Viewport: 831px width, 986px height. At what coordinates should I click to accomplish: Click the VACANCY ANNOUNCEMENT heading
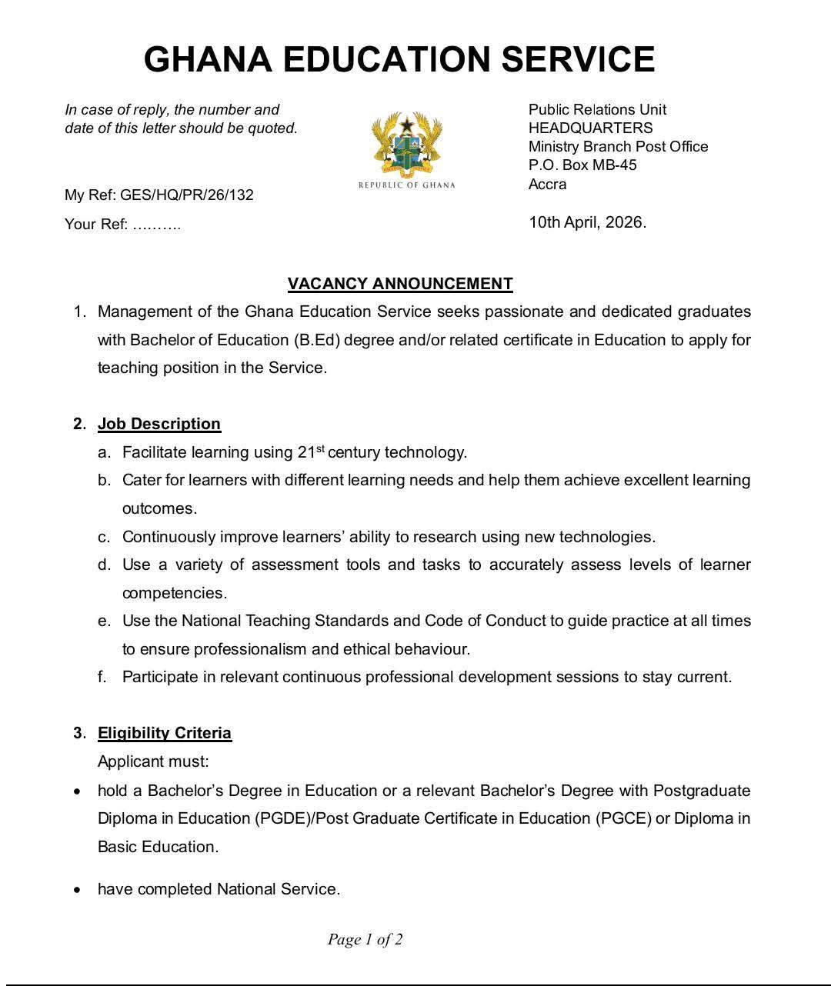pyautogui.click(x=400, y=284)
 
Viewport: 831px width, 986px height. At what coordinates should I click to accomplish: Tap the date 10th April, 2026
pyautogui.click(x=587, y=222)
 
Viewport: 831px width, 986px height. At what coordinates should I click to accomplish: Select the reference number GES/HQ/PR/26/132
pyautogui.click(x=187, y=195)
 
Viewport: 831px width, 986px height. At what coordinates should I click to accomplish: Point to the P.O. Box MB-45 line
pyautogui.click(x=582, y=165)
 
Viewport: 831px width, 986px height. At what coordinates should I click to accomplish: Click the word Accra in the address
pyautogui.click(x=547, y=184)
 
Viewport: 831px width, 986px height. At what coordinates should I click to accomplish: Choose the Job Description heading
pyautogui.click(x=159, y=424)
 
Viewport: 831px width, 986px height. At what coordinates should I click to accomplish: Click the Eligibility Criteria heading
pyautogui.click(x=165, y=733)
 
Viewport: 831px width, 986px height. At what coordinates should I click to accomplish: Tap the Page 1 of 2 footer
pyautogui.click(x=365, y=939)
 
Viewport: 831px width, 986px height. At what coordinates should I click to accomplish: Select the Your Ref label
pyautogui.click(x=96, y=225)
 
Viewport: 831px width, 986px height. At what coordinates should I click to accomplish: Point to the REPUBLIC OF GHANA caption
pyautogui.click(x=407, y=185)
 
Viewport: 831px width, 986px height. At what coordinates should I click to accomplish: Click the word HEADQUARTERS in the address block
pyautogui.click(x=590, y=128)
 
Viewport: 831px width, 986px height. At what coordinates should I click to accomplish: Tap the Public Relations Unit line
pyautogui.click(x=597, y=109)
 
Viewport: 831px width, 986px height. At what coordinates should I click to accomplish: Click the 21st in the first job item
pyautogui.click(x=311, y=451)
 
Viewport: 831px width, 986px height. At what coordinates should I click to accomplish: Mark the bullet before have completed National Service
pyautogui.click(x=77, y=890)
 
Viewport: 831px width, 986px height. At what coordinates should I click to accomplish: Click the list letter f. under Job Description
pyautogui.click(x=102, y=677)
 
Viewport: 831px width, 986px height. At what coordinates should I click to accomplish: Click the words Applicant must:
pyautogui.click(x=153, y=761)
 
